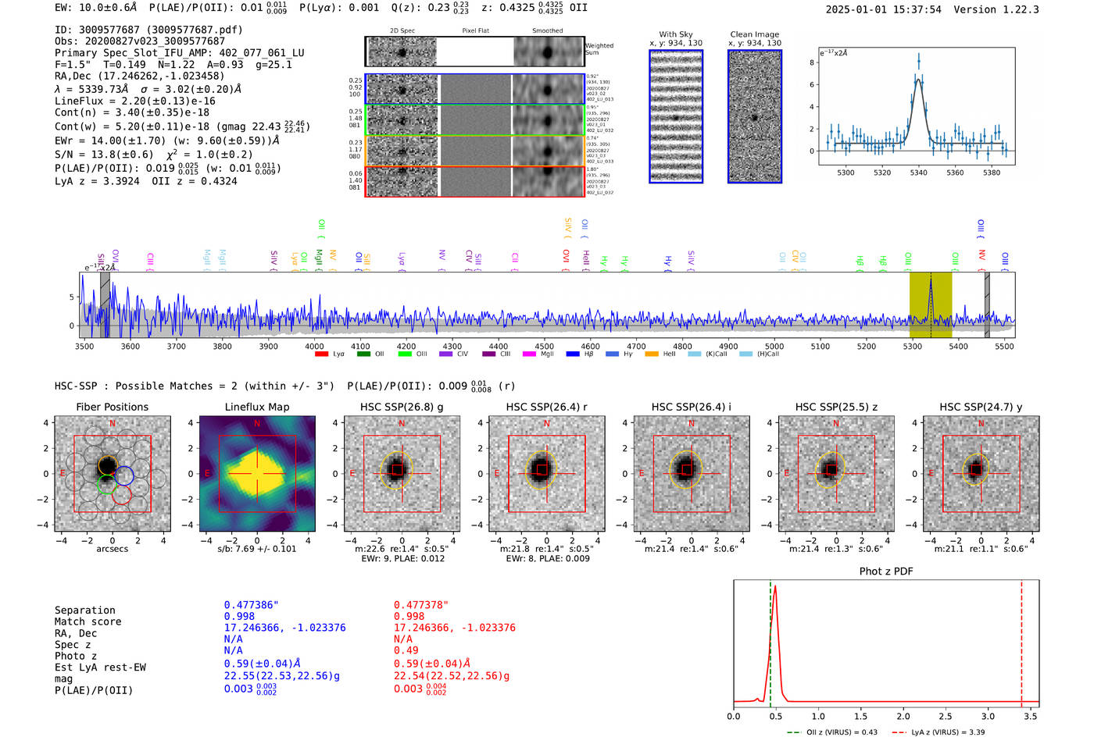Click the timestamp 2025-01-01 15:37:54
(883, 9)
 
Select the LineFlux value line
(134, 101)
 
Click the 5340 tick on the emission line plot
(918, 173)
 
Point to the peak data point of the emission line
(919, 61)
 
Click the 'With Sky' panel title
(675, 34)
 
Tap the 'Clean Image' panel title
(754, 34)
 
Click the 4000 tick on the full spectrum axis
(314, 347)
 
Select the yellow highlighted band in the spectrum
(930, 304)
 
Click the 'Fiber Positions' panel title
(112, 407)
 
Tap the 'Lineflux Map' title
(256, 407)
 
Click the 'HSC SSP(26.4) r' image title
(546, 407)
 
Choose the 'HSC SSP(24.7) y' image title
(981, 407)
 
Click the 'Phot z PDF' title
(885, 571)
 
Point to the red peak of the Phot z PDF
(774, 586)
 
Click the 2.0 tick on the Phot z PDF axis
(903, 716)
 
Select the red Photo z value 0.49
(406, 650)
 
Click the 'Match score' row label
(88, 622)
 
